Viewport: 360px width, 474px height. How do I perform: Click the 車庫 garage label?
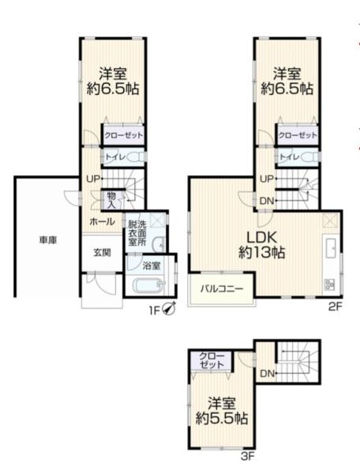coord(40,239)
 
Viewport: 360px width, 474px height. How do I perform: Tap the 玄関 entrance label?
coord(102,253)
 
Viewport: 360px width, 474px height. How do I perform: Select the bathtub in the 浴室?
coord(148,287)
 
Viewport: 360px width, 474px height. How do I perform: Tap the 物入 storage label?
coord(111,200)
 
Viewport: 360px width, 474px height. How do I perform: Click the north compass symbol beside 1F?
coord(169,309)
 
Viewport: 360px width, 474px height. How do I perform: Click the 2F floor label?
coord(334,307)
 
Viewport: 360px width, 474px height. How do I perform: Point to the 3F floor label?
coord(246,457)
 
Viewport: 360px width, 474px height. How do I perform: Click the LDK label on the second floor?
coord(263,238)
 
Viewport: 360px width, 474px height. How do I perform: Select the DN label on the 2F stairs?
coord(268,200)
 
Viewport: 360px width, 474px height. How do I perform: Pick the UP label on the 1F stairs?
coord(93,179)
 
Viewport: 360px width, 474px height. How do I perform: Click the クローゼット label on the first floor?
coord(122,135)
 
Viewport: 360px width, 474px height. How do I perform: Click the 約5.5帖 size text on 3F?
coord(222,417)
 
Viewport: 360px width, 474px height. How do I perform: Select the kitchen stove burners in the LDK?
coord(329,284)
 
